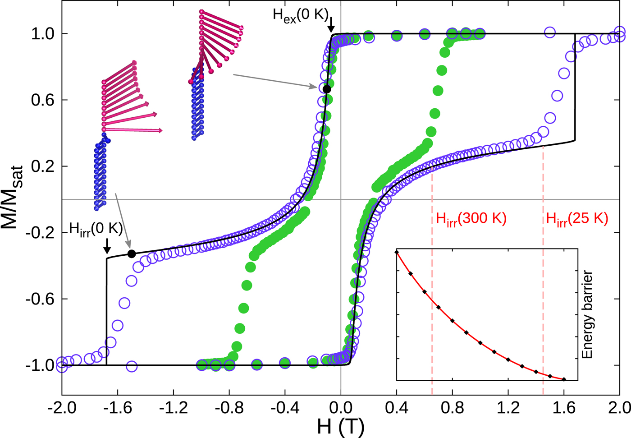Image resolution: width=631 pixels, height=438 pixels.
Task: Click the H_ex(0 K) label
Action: click(x=301, y=14)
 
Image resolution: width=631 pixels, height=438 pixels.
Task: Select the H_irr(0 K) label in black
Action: click(x=96, y=229)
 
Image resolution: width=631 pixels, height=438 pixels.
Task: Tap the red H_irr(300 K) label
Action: click(x=471, y=219)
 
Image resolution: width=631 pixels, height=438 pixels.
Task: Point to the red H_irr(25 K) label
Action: click(x=577, y=219)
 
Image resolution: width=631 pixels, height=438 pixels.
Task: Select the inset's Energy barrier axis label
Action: click(x=587, y=314)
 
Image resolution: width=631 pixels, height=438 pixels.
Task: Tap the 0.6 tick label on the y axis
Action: click(x=42, y=100)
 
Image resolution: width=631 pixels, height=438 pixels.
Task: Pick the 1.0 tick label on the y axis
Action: click(x=42, y=34)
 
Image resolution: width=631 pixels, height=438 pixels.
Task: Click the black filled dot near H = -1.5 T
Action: click(x=132, y=254)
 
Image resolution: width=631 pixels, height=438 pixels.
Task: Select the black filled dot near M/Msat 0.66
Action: click(x=327, y=89)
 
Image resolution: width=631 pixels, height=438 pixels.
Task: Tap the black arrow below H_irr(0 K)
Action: click(x=107, y=246)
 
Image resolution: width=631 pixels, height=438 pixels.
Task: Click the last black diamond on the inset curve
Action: click(x=564, y=379)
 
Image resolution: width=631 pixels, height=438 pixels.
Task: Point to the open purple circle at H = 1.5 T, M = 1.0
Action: click(x=549, y=32)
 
